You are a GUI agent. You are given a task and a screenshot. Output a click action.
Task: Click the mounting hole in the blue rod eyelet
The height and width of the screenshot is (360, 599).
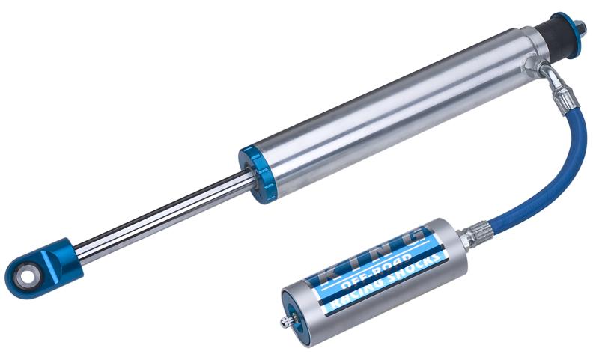[x=27, y=275]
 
